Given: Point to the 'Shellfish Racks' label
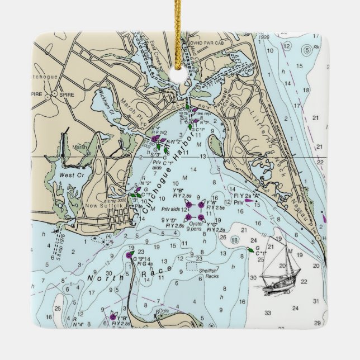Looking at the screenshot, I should (x=208, y=273).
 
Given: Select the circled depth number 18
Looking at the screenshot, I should (x=236, y=240).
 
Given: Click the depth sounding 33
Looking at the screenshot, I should (x=268, y=312).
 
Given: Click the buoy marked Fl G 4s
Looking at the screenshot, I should (x=129, y=255).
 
